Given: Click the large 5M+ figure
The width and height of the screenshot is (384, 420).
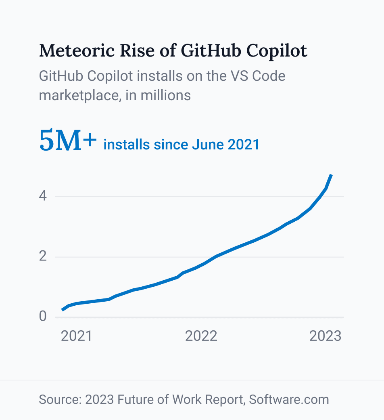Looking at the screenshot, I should [68, 141].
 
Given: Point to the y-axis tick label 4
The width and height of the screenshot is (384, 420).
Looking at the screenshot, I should [43, 196].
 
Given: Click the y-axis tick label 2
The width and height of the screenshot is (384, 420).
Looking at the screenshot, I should [43, 256].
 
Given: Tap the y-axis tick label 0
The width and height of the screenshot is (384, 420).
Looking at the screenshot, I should [43, 317].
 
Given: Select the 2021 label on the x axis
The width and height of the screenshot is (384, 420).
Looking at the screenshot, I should [77, 336].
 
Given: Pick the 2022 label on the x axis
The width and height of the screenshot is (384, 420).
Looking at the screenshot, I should [201, 336].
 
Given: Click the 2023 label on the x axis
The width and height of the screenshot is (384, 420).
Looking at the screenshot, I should [325, 336].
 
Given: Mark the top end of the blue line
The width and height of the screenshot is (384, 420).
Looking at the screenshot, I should [331, 175].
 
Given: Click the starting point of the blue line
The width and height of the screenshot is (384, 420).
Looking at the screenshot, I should [63, 310].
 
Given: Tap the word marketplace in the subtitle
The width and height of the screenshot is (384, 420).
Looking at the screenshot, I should [79, 95].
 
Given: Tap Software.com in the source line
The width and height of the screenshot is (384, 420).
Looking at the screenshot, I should [289, 399].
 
